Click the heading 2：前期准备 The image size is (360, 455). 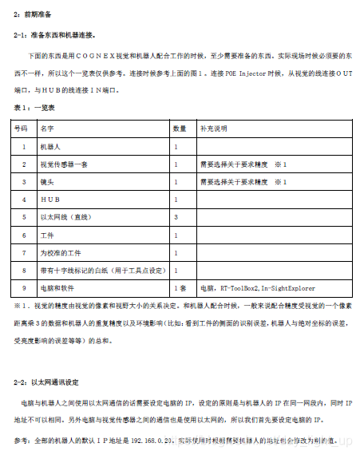click(35, 14)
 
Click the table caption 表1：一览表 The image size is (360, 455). click(34, 108)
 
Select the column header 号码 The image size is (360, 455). click(22, 128)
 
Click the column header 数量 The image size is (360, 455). click(180, 128)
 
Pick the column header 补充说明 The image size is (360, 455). click(214, 128)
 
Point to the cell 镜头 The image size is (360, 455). click(47, 181)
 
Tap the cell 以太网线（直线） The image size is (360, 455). click(66, 216)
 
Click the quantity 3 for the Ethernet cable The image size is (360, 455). click(176, 216)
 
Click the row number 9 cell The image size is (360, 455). click(23, 287)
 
